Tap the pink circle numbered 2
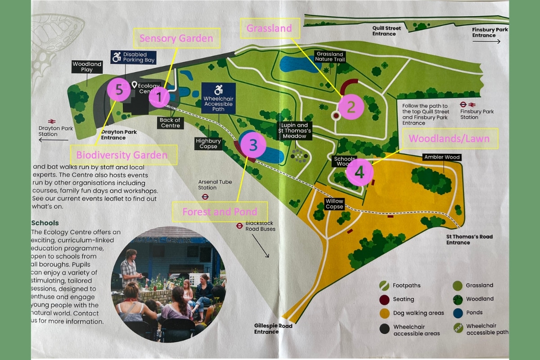(351, 107)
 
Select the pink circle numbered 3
(253, 145)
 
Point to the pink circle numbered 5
(119, 90)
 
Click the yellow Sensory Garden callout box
(176, 38)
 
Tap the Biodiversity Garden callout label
(121, 155)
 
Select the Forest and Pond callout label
(220, 211)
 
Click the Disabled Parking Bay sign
(134, 58)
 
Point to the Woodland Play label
(87, 67)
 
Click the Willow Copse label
(334, 204)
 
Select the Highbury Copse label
(208, 144)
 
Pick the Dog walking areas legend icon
(384, 313)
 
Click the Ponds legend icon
(457, 313)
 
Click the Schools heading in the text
(45, 223)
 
